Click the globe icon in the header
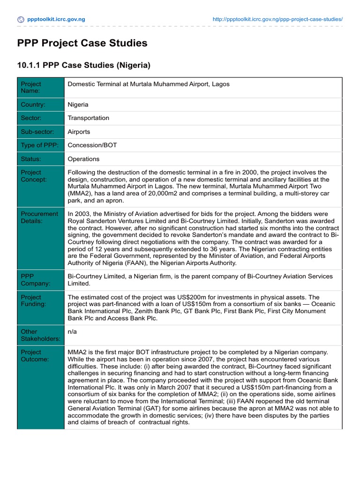point(21,20)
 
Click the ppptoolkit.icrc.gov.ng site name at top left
point(56,20)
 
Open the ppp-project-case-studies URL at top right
point(277,20)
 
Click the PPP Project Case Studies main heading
point(82,44)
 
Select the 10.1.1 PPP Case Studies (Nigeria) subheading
point(84,66)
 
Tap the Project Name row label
point(31,88)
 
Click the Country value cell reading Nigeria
point(78,105)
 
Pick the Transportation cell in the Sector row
point(88,118)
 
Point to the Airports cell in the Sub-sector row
point(79,132)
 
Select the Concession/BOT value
point(92,145)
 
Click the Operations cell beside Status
point(83,159)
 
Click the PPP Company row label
point(34,280)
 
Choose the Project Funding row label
point(33,300)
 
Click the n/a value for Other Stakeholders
point(72,331)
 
